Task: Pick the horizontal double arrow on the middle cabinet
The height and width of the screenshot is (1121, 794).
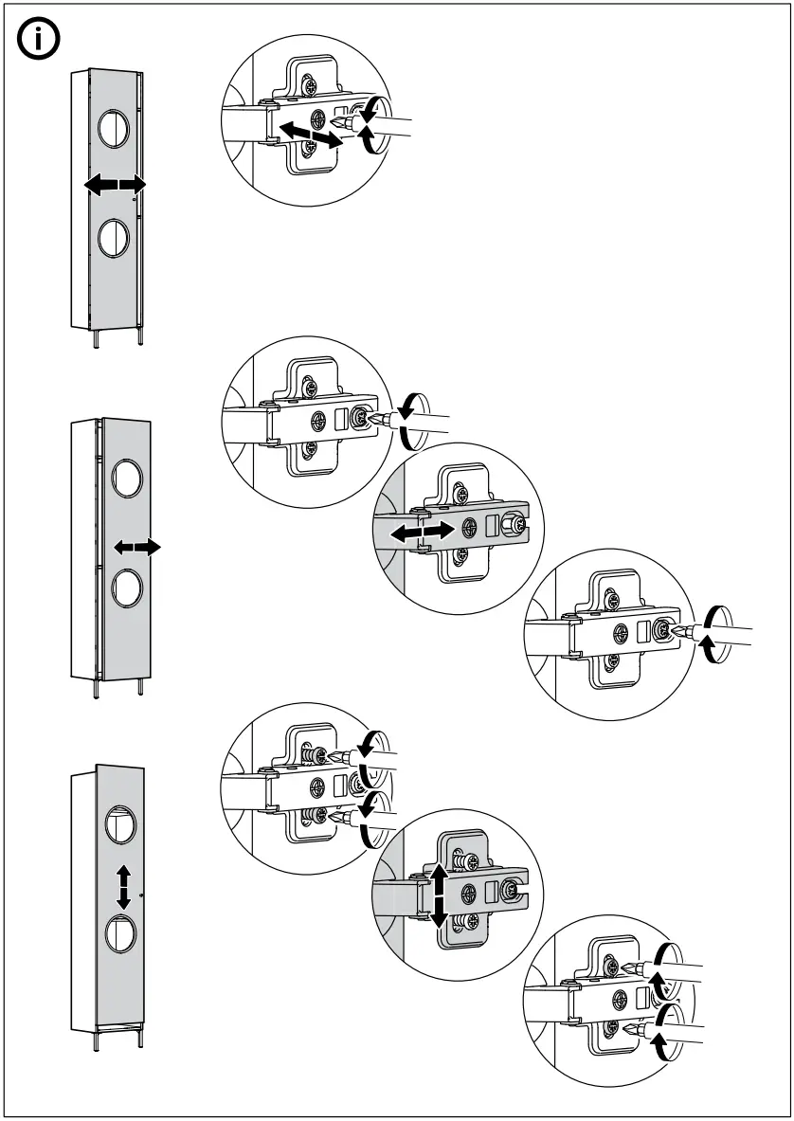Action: click(136, 547)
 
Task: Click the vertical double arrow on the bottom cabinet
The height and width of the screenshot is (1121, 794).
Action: click(123, 887)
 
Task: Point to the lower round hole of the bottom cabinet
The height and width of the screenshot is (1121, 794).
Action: click(119, 933)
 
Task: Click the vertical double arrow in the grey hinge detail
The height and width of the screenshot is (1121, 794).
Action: click(439, 895)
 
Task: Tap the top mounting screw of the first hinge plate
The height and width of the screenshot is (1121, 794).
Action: click(312, 86)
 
